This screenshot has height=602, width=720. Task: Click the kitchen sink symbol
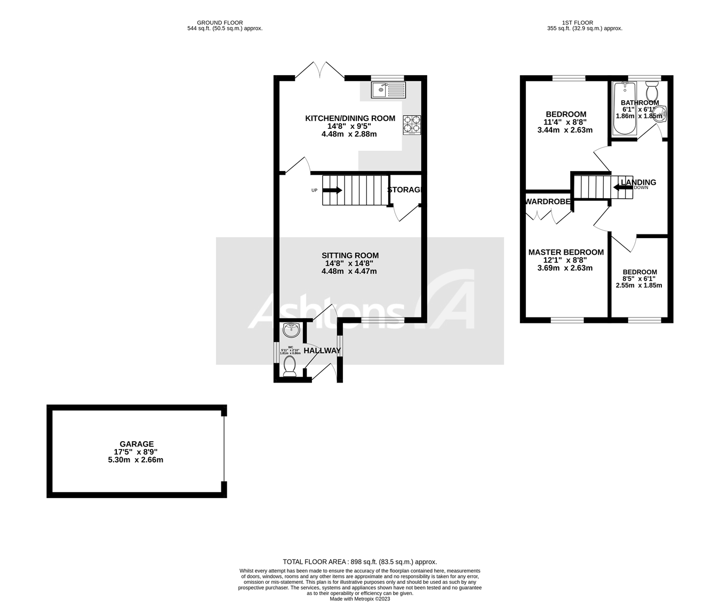pos(388,90)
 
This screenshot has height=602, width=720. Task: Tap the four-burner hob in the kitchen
pos(412,125)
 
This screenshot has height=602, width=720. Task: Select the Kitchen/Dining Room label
pos(350,118)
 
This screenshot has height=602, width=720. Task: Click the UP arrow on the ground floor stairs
pos(332,190)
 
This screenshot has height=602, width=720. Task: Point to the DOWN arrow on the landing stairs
pos(623,187)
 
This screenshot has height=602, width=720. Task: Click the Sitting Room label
pos(350,255)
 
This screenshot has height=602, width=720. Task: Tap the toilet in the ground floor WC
pos(290,366)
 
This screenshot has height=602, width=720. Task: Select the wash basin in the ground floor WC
pos(291,330)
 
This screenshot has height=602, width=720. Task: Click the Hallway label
pos(322,351)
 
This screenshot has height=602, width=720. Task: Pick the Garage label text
pos(137,444)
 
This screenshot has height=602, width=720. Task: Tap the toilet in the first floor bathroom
pos(652,86)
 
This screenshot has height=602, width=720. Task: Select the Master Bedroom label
pos(566,253)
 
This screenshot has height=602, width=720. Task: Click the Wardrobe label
pos(548,202)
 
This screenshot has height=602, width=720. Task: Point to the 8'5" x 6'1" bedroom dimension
pos(639,279)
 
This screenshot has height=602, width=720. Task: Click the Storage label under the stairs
pos(405,190)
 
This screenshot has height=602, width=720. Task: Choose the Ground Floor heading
pos(220,22)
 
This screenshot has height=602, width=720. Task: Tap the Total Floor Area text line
pos(359,562)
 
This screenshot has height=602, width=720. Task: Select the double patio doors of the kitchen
pos(319,71)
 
